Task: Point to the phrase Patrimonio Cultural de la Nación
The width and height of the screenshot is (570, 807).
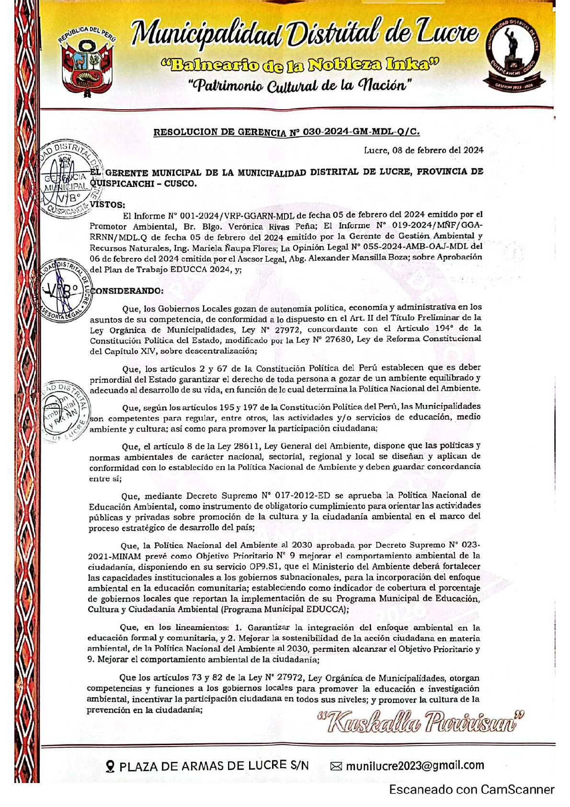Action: point(300,86)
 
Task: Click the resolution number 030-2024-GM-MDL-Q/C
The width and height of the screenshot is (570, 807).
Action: point(361,132)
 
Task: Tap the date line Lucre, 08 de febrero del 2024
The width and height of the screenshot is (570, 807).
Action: point(423,150)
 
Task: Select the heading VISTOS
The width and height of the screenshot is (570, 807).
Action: point(107,205)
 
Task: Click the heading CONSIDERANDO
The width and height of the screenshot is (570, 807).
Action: point(127,291)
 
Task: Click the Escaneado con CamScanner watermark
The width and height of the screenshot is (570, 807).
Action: point(471,790)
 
